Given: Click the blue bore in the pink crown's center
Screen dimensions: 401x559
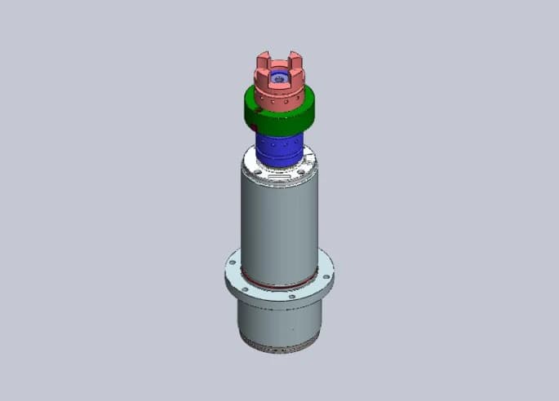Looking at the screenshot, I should (x=280, y=79).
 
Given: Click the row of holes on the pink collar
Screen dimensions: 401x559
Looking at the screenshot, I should (x=278, y=102).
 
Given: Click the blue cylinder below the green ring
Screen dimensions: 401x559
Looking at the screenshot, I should (x=279, y=149).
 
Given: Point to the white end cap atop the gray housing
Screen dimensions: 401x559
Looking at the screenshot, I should (x=280, y=174).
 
